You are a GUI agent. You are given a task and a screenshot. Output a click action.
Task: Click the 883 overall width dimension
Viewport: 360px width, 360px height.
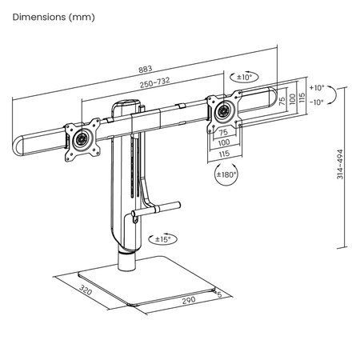(146, 69)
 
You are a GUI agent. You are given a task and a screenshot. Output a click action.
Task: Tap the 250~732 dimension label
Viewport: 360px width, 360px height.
(155, 82)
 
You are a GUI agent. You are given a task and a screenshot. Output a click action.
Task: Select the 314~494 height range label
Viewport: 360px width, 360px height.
(340, 164)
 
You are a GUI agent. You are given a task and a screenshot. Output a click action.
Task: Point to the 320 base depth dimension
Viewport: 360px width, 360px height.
(86, 290)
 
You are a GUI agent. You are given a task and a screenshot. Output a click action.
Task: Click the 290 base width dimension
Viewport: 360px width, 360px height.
(189, 300)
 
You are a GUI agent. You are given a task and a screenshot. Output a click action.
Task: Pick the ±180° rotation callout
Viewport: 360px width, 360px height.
(226, 174)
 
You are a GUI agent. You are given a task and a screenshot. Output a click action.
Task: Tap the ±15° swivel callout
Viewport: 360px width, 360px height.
(163, 239)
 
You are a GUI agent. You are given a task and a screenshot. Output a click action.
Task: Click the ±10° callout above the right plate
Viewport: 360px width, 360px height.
(244, 77)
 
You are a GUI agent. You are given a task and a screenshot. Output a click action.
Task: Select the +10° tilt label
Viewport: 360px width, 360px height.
(317, 88)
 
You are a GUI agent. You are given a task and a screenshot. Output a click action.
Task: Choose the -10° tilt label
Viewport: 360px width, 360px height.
(317, 102)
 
